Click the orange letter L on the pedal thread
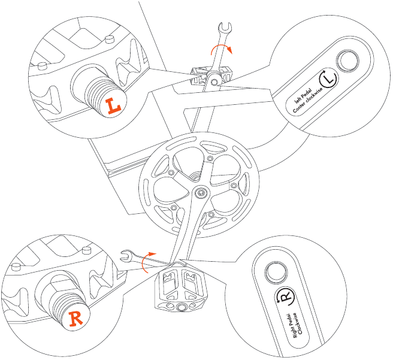point(113,106)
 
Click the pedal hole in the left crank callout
point(347,60)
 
